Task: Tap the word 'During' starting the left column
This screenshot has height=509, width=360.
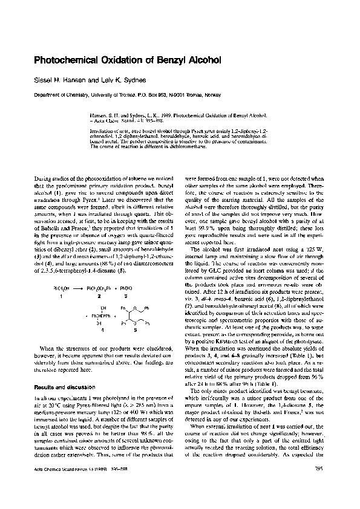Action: pos(44,181)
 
